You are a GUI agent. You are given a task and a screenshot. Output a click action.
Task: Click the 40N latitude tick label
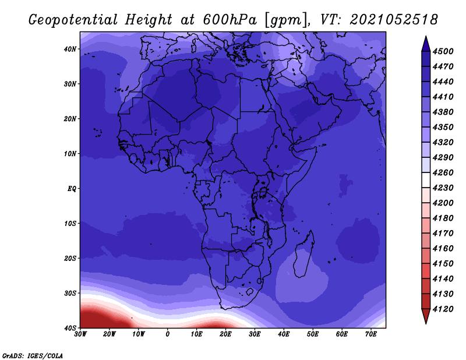coord(70,49)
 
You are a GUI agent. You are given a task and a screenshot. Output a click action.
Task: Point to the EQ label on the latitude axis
coord(72,189)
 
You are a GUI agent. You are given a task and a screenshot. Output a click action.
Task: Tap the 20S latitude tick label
coord(70,258)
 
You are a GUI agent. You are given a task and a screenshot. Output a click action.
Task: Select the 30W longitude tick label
coord(80,334)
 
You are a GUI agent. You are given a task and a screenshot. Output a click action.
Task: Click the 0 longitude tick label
coord(168,334)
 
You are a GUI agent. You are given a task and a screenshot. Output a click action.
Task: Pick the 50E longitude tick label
coord(313,334)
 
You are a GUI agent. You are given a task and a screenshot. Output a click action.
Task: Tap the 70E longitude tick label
coord(371,334)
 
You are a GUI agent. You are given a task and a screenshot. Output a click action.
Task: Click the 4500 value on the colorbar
coord(443,51)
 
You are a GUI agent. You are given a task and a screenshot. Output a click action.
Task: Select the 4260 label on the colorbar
coord(443,172)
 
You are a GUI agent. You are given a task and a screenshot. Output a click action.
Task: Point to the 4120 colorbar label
coord(443,309)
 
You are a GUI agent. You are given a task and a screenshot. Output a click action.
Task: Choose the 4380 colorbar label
coord(443,112)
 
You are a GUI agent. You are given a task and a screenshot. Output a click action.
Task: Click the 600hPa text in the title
coord(230,20)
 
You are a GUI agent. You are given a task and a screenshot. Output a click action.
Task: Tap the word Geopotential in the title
coord(73,20)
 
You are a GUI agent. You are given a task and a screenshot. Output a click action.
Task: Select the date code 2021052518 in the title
coord(394,20)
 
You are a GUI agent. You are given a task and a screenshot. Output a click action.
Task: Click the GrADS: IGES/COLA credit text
coord(33,355)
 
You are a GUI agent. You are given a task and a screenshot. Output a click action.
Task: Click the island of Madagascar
coord(303,256)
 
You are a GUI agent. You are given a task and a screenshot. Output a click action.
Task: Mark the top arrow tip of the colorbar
coord(426,36)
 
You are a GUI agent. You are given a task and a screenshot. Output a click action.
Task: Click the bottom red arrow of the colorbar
coord(426,316)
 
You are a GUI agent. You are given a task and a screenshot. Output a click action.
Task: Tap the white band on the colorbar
coord(426,180)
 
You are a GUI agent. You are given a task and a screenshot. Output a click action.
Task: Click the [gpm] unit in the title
coord(285,20)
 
